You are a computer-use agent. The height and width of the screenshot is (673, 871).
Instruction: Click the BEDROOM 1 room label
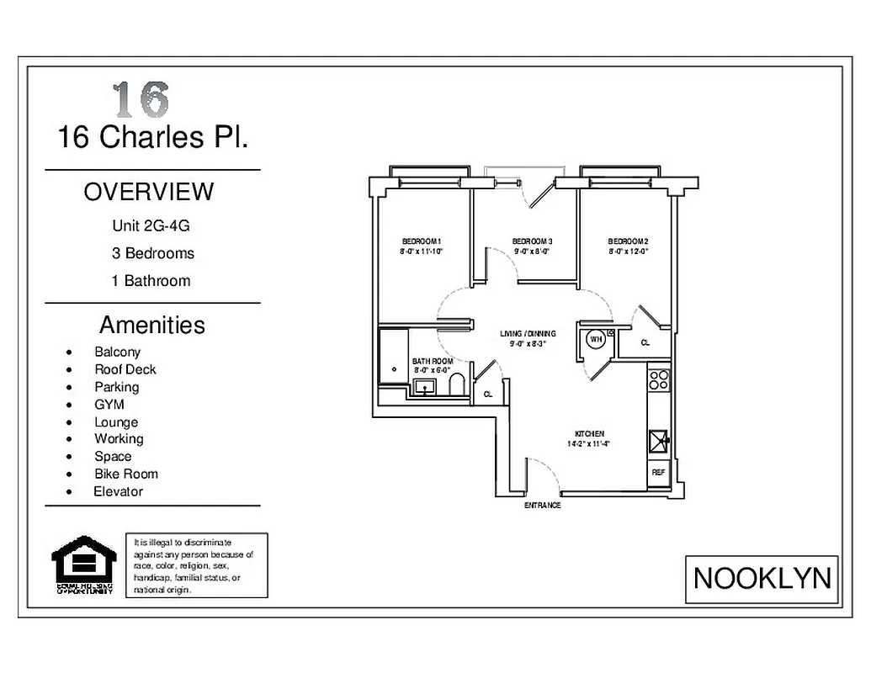tap(422, 241)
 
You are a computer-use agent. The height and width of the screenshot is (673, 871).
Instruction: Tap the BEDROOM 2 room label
tap(628, 241)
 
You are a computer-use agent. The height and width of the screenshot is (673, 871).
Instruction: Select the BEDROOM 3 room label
tap(532, 241)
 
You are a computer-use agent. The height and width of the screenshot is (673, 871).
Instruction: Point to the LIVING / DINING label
tap(528, 333)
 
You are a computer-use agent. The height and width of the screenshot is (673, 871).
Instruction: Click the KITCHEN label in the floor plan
tap(588, 434)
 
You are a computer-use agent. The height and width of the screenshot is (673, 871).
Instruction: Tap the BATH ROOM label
tap(432, 362)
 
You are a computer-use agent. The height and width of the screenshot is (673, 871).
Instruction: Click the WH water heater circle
tap(595, 339)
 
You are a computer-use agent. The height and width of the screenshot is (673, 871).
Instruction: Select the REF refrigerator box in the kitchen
tap(658, 473)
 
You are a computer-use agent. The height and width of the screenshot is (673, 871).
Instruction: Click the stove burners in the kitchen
tap(658, 379)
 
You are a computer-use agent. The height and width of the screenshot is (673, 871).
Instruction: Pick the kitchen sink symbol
tap(658, 439)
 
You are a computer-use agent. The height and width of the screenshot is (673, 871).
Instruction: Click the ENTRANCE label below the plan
tap(542, 506)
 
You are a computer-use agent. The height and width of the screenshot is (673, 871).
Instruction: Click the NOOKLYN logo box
tap(762, 579)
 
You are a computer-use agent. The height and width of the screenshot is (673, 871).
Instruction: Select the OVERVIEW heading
tap(149, 192)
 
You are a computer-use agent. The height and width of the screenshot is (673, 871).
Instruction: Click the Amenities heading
tap(151, 325)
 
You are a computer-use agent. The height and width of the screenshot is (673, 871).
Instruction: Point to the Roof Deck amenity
tap(125, 369)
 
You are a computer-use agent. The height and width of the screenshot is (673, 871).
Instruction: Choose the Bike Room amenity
tap(125, 474)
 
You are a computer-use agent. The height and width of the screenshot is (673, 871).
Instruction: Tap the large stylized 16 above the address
tap(141, 99)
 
